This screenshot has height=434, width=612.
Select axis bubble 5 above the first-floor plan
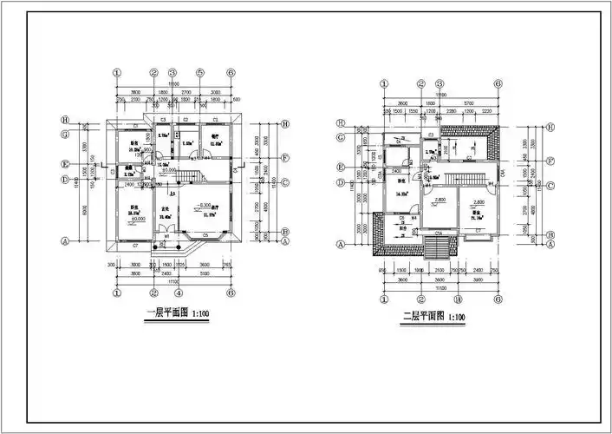pyautogui.click(x=199, y=72)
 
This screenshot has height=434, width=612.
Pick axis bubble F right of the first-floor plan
pyautogui.click(x=284, y=160)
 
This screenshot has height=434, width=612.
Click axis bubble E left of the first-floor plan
pyautogui.click(x=65, y=162)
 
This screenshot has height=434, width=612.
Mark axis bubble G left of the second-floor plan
pyautogui.click(x=341, y=137)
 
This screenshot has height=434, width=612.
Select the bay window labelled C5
pyautogui.click(x=205, y=235)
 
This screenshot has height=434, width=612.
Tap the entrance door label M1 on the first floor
pyautogui.click(x=166, y=236)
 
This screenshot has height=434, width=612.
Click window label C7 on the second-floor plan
pyautogui.click(x=478, y=232)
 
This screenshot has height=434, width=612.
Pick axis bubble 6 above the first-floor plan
pyautogui.click(x=231, y=72)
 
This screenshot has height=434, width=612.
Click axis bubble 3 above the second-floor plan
pyautogui.click(x=440, y=84)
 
